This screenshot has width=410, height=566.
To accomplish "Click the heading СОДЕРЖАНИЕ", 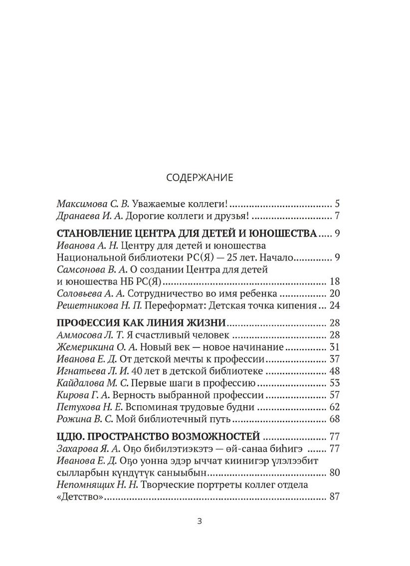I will click(199, 177).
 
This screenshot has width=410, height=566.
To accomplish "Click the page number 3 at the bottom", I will click(200, 522).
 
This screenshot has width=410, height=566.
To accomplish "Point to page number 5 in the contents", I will click(337, 204).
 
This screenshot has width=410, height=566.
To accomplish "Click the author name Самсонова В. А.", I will click(89, 270).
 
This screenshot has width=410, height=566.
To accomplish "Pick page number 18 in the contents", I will click(334, 282).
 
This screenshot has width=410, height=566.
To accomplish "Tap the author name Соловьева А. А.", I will click(87, 293).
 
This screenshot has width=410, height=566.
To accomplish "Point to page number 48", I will click(334, 371).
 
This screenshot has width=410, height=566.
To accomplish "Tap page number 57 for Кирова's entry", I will click(334, 395).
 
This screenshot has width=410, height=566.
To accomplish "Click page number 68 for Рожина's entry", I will click(334, 419).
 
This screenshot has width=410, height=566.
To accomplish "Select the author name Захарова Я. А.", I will click(88, 448).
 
